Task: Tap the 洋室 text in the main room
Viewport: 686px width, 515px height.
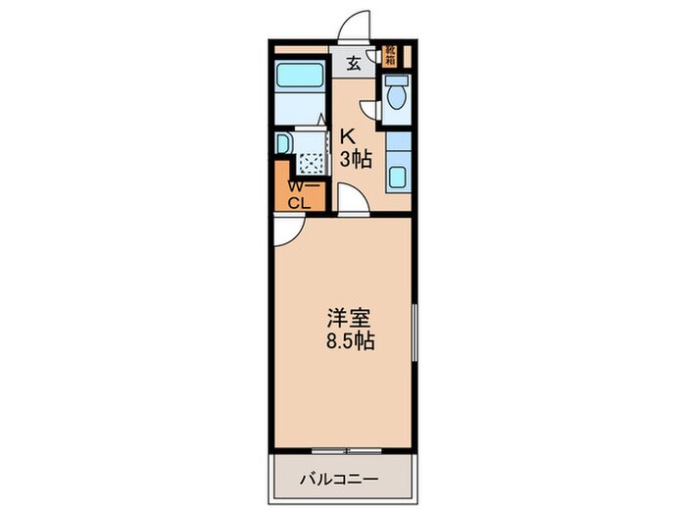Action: (348, 319)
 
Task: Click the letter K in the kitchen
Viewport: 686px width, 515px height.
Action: (346, 137)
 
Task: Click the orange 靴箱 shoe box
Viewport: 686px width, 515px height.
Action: (390, 55)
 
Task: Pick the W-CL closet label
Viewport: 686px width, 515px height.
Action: (298, 194)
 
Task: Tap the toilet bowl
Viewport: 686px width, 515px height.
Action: (396, 96)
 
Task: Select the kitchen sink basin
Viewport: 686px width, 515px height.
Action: (397, 180)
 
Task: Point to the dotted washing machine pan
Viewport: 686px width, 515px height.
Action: (311, 163)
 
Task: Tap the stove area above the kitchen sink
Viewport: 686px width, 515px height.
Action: (397, 142)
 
